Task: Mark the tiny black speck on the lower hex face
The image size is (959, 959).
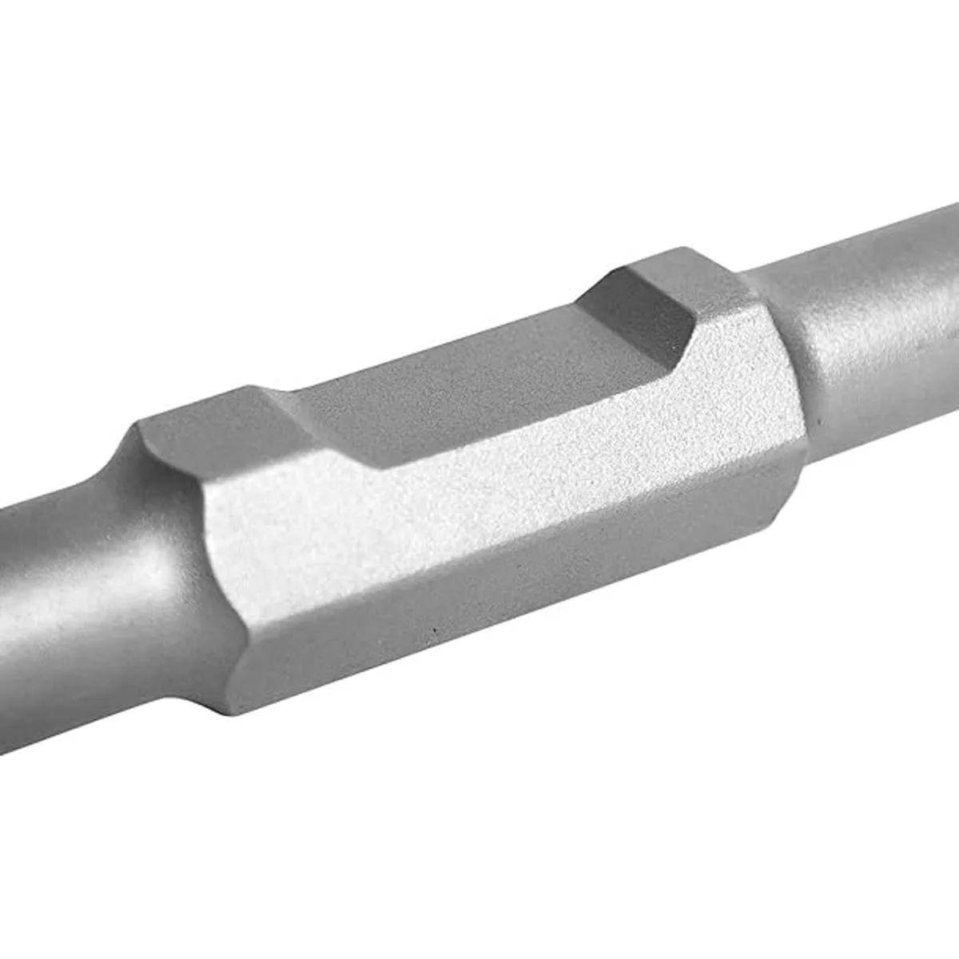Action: point(434,637)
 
